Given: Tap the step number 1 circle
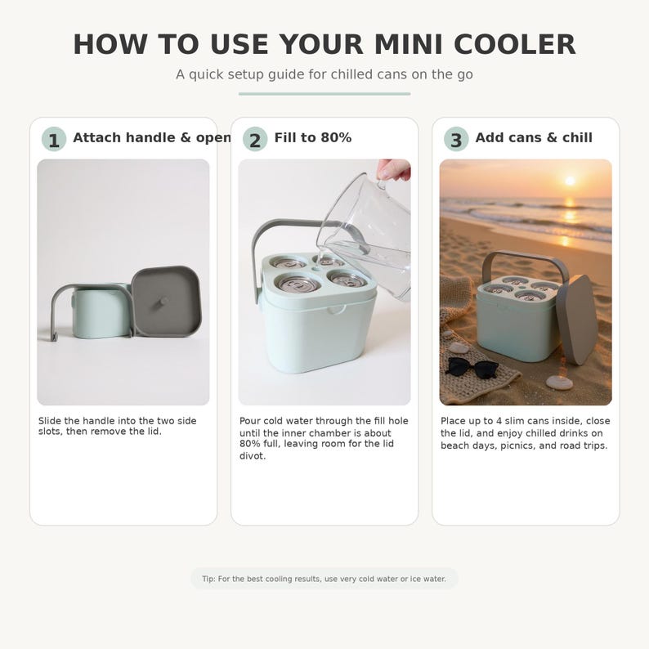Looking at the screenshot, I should [54, 140].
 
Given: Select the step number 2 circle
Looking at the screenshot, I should [255, 140].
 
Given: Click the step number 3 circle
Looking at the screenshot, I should [456, 140].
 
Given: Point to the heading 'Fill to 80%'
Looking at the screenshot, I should [312, 137].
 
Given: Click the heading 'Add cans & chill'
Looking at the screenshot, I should [533, 137].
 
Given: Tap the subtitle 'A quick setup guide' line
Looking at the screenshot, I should [324, 74].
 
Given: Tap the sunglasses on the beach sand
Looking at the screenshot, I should [472, 366].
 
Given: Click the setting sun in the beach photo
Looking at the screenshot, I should [570, 181].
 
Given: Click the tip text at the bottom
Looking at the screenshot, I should [324, 579].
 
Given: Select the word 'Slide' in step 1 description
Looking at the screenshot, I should [50, 421].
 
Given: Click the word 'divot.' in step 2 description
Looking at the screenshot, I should [253, 456].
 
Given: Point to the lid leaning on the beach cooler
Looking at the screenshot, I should [578, 320].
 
